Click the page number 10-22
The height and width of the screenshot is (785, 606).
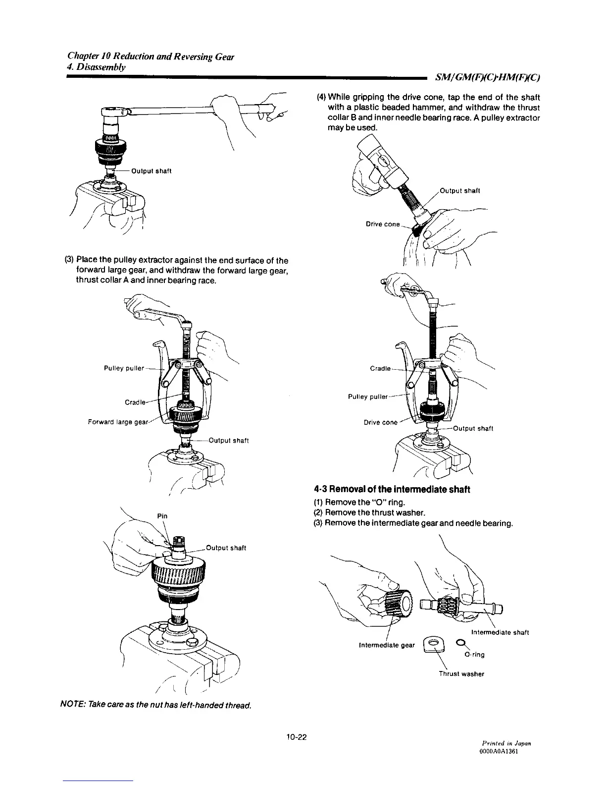[x=297, y=737]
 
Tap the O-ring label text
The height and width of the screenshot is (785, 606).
[x=474, y=655]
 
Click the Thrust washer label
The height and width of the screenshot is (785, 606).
[x=461, y=674]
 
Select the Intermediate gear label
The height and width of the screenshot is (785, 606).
[x=386, y=645]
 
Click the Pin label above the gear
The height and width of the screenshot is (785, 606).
[x=162, y=516]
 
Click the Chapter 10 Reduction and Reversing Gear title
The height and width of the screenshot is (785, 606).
[x=151, y=56]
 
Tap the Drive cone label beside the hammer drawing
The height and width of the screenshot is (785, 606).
[x=382, y=224]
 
